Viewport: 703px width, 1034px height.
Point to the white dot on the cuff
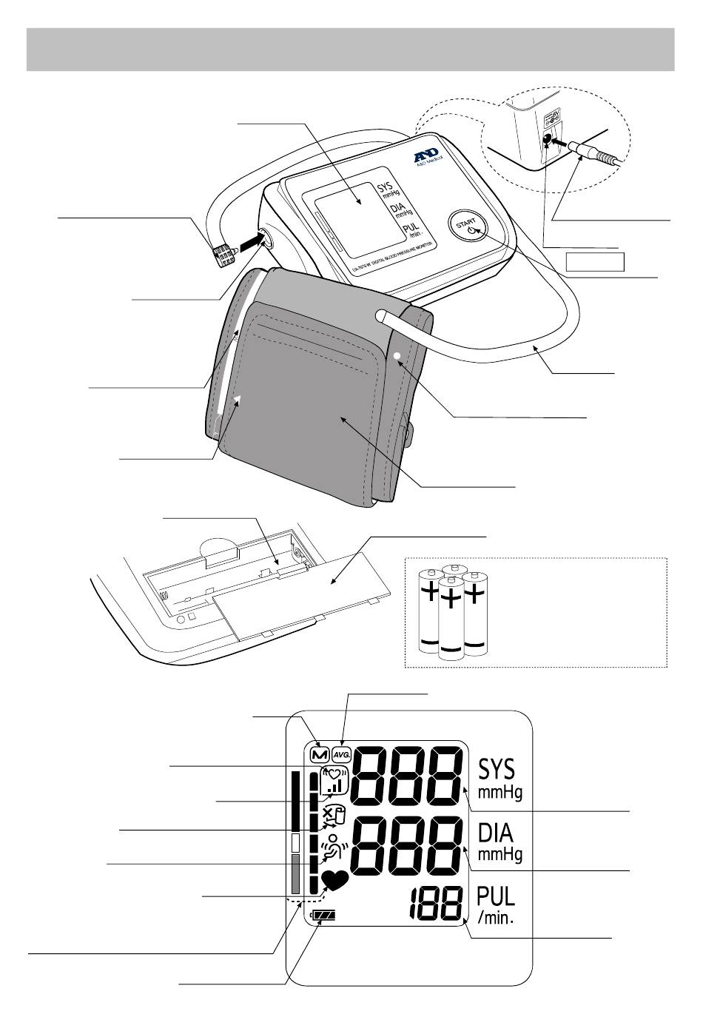[x=397, y=356]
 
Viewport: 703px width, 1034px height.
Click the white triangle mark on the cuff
[x=238, y=400]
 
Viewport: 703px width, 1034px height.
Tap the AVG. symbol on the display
[x=341, y=754]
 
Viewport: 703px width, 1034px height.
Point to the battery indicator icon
[x=323, y=916]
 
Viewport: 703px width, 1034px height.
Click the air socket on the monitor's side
[x=265, y=238]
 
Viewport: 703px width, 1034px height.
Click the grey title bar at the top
[x=350, y=50]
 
